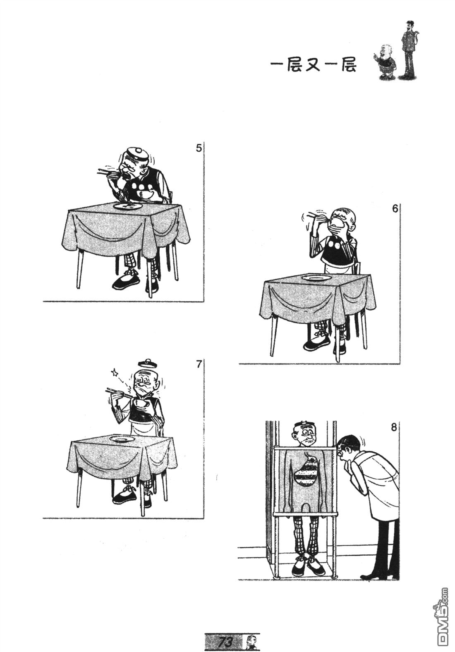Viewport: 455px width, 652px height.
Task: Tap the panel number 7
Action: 199,364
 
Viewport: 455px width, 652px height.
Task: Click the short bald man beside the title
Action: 385,62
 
